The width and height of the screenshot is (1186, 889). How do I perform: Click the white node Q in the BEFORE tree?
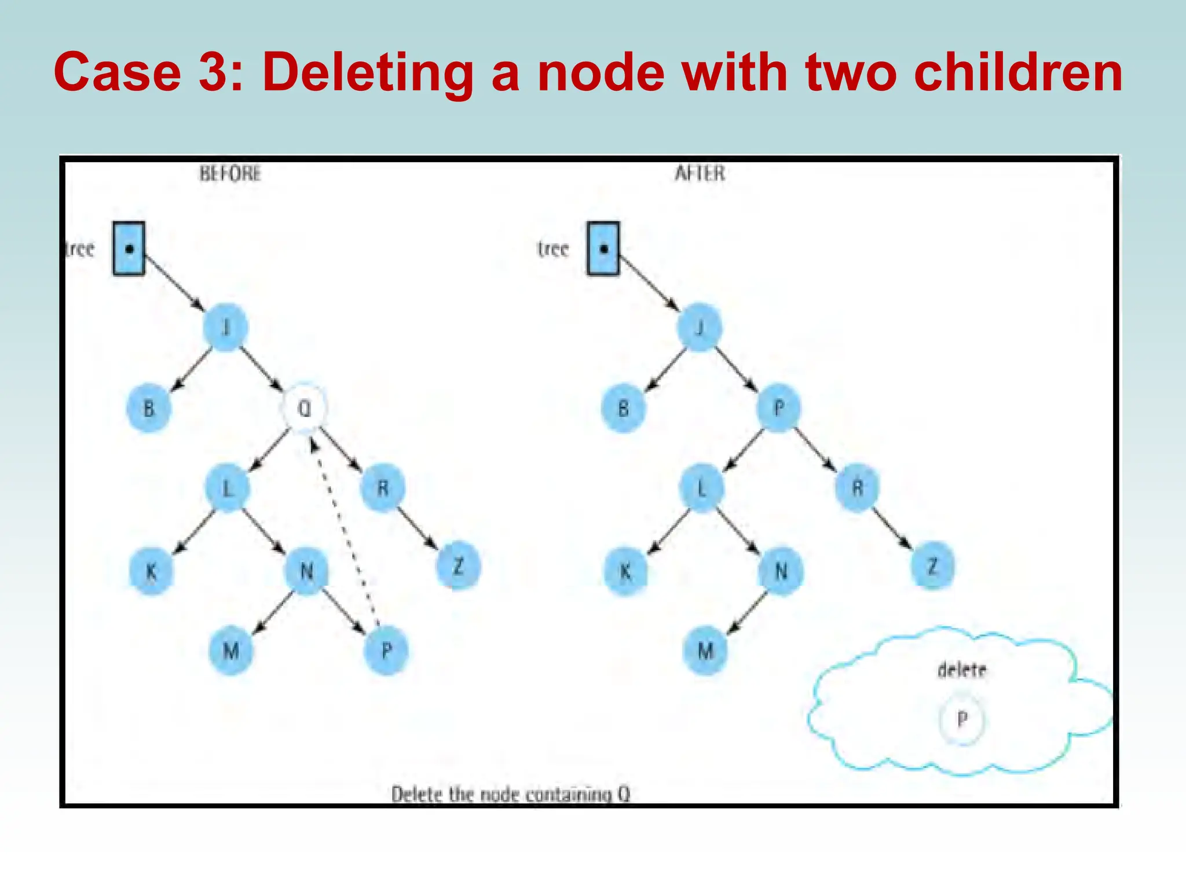tap(304, 408)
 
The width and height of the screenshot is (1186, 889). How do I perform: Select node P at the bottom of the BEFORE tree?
tap(386, 651)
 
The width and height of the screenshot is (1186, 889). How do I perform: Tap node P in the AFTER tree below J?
tap(779, 408)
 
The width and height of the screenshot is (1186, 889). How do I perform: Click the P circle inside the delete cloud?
tap(962, 720)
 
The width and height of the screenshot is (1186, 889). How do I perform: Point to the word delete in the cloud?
tap(962, 670)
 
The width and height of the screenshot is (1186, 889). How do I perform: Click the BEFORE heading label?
tap(230, 173)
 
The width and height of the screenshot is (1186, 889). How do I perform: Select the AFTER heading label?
tap(700, 173)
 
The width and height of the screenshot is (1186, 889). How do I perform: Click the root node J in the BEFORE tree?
tap(226, 328)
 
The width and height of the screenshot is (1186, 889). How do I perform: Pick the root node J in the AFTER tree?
tap(700, 328)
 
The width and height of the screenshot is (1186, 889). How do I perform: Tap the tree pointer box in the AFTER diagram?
tap(603, 249)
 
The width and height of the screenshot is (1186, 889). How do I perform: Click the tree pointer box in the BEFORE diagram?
tap(129, 249)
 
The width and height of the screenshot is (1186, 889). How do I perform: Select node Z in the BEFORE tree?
tap(458, 566)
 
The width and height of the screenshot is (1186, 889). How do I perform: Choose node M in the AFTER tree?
tap(705, 651)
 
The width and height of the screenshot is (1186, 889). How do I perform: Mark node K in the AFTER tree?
tap(625, 572)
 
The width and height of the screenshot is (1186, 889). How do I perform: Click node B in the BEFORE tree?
tap(149, 409)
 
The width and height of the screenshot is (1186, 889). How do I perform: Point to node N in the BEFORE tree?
tap(306, 572)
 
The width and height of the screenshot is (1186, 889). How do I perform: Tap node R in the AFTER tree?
tap(858, 488)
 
